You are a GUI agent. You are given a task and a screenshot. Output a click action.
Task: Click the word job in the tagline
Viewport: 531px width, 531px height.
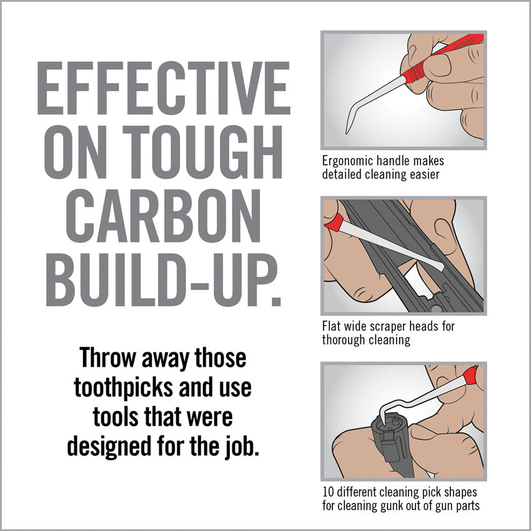tap(242, 446)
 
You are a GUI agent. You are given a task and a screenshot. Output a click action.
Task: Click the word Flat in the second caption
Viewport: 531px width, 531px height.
tap(332, 327)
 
